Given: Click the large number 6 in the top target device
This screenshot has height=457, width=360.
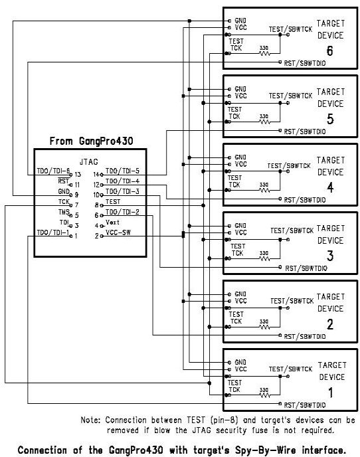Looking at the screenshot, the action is click(329, 50).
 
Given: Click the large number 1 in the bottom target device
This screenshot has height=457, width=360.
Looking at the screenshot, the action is click(331, 393).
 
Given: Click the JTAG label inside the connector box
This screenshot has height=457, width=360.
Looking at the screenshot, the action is click(89, 162).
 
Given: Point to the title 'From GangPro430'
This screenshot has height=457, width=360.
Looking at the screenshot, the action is click(91, 141).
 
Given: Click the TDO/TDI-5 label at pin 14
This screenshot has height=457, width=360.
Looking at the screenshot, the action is click(122, 171).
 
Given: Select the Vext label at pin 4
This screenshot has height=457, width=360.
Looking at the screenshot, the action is click(112, 222).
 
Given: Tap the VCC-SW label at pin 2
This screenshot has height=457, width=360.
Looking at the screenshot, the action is click(118, 232).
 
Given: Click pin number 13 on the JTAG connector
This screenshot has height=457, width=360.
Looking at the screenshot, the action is click(78, 174).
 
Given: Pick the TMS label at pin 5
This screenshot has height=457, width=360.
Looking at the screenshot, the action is click(64, 212).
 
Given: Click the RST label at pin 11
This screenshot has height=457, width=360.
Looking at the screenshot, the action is click(64, 181).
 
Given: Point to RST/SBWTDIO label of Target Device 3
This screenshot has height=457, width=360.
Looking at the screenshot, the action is click(306, 268).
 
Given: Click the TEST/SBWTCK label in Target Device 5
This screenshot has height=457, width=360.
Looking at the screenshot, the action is click(291, 96).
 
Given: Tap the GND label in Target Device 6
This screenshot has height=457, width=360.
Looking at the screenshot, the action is click(240, 21).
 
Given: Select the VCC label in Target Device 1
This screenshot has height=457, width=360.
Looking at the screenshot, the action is click(241, 369).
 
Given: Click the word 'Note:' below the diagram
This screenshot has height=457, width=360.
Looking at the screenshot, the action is click(90, 420).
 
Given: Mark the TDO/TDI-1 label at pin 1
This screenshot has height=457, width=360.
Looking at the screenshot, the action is click(53, 232).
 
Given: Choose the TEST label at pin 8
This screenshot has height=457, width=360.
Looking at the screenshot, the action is click(113, 202).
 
